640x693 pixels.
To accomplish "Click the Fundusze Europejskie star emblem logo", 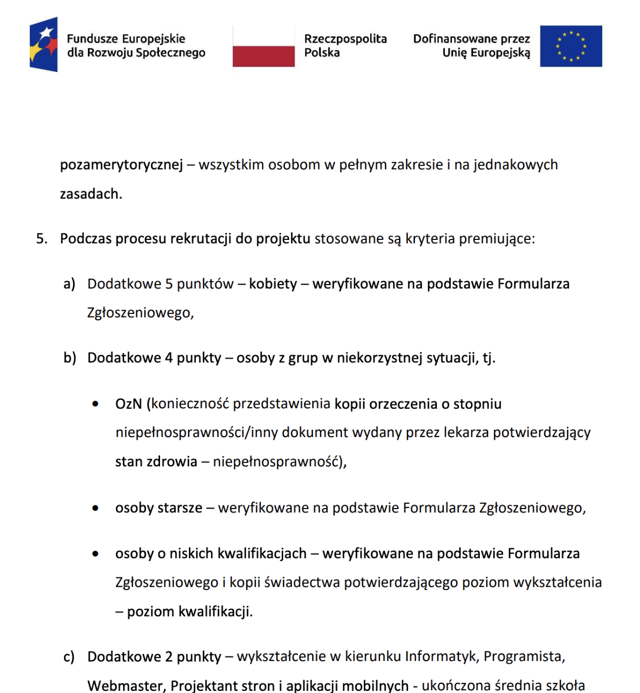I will pyautogui.click(x=44, y=44).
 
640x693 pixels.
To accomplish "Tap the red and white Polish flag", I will pyautogui.click(x=263, y=47).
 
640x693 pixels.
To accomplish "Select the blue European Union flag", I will pyautogui.click(x=571, y=46).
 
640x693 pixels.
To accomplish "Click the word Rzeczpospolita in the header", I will pyautogui.click(x=345, y=39).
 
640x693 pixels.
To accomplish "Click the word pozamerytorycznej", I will pyautogui.click(x=121, y=165).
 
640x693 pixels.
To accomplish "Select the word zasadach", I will pyautogui.click(x=91, y=194).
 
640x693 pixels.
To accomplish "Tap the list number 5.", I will pyautogui.click(x=42, y=238).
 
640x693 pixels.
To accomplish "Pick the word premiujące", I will pyautogui.click(x=497, y=238).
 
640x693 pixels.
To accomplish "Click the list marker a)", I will pyautogui.click(x=69, y=284).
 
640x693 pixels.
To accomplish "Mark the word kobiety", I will pyautogui.click(x=273, y=284).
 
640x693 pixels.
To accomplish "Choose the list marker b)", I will pyautogui.click(x=70, y=358).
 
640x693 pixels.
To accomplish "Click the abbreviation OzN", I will pyautogui.click(x=129, y=404).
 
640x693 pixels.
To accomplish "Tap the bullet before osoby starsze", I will pyautogui.click(x=95, y=508).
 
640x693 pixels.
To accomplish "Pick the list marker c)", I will pyautogui.click(x=69, y=657).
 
